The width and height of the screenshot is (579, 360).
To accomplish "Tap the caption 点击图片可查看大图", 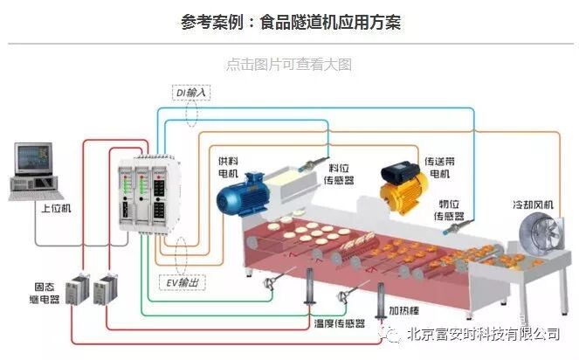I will (288, 65).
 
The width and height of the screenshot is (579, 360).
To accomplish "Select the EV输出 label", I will (184, 282).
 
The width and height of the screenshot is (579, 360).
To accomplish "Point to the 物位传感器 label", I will (451, 210).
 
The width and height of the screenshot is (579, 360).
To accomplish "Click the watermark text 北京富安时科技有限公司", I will (480, 334).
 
